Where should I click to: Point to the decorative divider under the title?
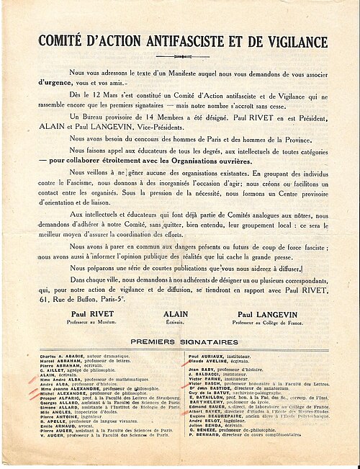coord(180,56)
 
